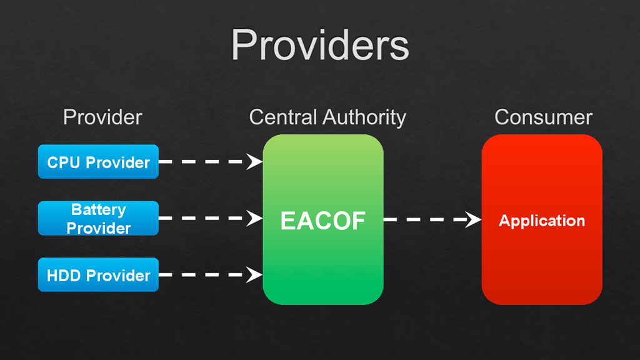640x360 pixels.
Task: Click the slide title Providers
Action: click(x=320, y=45)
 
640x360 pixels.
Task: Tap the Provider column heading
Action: click(x=102, y=117)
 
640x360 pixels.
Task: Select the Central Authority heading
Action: click(x=327, y=117)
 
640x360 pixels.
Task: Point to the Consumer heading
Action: click(x=543, y=117)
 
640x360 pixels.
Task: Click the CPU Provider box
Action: click(x=98, y=162)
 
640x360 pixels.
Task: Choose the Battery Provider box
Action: click(x=98, y=218)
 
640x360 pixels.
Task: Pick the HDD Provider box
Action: click(x=98, y=275)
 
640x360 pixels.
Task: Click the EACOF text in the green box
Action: click(x=322, y=221)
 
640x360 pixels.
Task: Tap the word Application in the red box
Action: click(x=542, y=221)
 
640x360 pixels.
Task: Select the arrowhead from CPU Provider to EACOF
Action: click(x=254, y=162)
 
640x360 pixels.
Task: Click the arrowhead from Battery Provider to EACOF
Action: click(x=254, y=218)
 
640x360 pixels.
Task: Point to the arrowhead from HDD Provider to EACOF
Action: click(x=254, y=274)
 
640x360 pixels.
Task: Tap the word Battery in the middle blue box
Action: click(x=98, y=209)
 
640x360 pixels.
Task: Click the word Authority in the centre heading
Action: click(x=364, y=117)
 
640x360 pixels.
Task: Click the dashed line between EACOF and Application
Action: click(x=425, y=219)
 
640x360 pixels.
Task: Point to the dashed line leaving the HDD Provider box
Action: click(x=200, y=274)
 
